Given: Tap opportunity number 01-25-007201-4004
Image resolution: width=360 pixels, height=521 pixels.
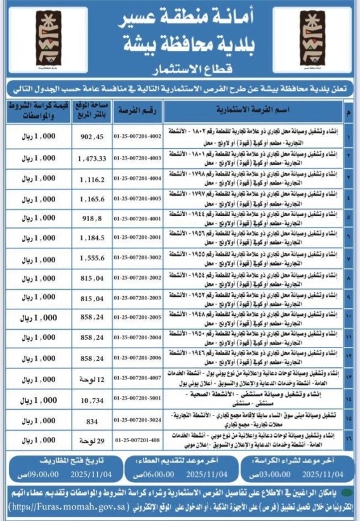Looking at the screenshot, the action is [138, 180].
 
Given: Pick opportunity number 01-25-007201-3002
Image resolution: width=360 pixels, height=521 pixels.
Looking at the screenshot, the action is [138, 259].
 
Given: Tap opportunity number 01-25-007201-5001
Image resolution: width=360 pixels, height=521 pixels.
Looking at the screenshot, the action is [138, 402].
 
